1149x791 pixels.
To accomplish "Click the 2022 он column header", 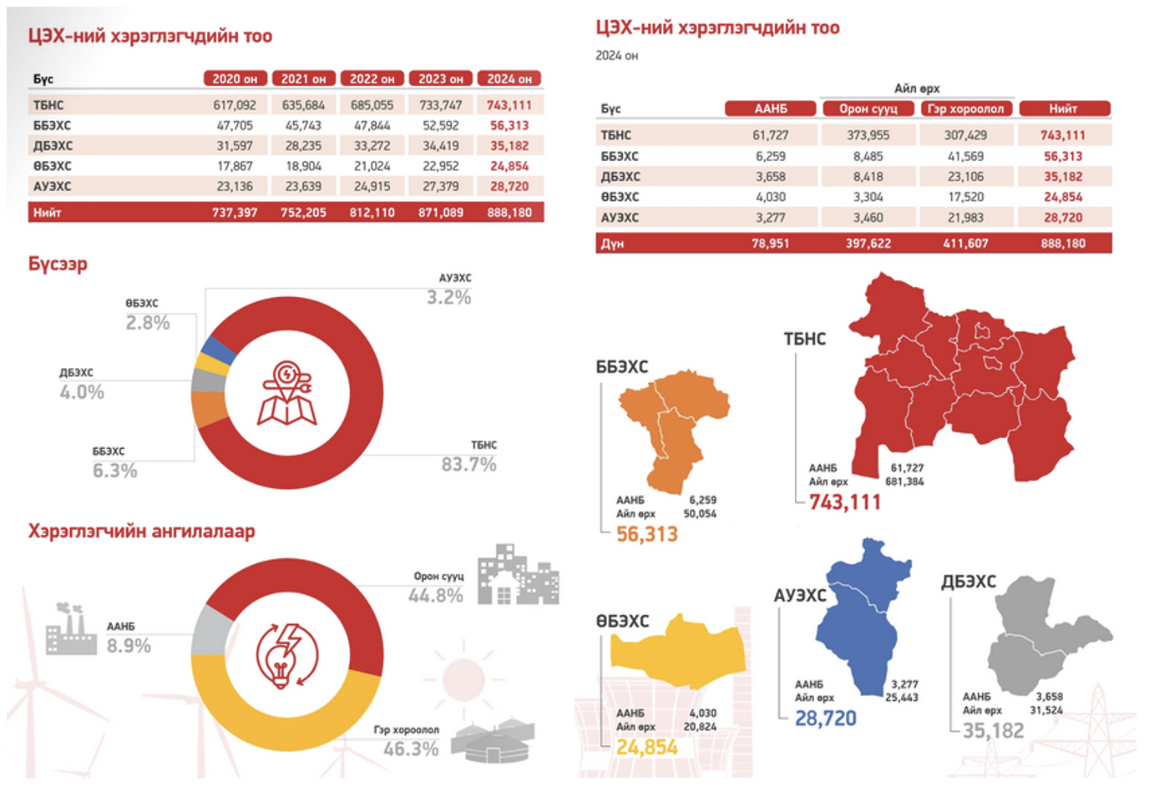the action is point(372,78).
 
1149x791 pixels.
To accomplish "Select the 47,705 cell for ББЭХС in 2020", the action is point(235,126).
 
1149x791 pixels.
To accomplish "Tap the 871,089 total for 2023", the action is point(441,213).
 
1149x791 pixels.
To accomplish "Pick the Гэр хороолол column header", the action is point(965,108).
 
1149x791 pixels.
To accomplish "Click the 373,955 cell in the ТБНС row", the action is point(868,135).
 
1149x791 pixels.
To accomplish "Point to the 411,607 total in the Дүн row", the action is point(965,244).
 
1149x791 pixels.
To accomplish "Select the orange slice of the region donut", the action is point(209,409).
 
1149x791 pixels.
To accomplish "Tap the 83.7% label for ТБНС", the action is point(468,465).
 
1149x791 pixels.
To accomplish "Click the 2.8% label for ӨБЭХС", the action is point(148,323).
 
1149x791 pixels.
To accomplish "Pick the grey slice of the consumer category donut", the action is point(212,631).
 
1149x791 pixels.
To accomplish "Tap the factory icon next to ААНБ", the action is point(71,628).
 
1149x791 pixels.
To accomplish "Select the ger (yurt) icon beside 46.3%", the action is point(493,739).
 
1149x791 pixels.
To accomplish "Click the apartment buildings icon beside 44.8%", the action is point(518,574).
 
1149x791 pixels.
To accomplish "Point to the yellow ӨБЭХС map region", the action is point(677,652).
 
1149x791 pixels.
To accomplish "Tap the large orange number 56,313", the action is point(647,534).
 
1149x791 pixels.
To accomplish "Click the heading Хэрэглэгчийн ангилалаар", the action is point(142,532).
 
